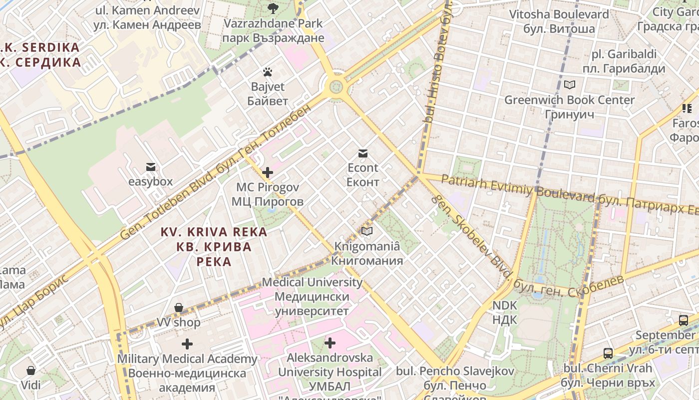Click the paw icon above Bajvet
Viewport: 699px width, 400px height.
268,72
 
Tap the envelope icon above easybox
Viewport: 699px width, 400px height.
150,166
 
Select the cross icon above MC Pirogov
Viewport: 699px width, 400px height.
268,172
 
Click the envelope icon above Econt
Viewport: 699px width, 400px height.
363,153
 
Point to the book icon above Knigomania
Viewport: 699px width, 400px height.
367,231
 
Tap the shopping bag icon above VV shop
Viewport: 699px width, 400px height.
179,307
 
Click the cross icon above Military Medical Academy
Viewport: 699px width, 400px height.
187,344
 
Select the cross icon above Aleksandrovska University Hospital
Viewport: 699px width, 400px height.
330,343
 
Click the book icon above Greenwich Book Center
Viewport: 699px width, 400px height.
569,84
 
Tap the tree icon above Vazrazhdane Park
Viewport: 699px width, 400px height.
273,8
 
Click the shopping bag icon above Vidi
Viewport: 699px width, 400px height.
31,370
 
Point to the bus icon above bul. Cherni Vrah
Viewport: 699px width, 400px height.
608,353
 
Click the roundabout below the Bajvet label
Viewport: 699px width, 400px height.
336,88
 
